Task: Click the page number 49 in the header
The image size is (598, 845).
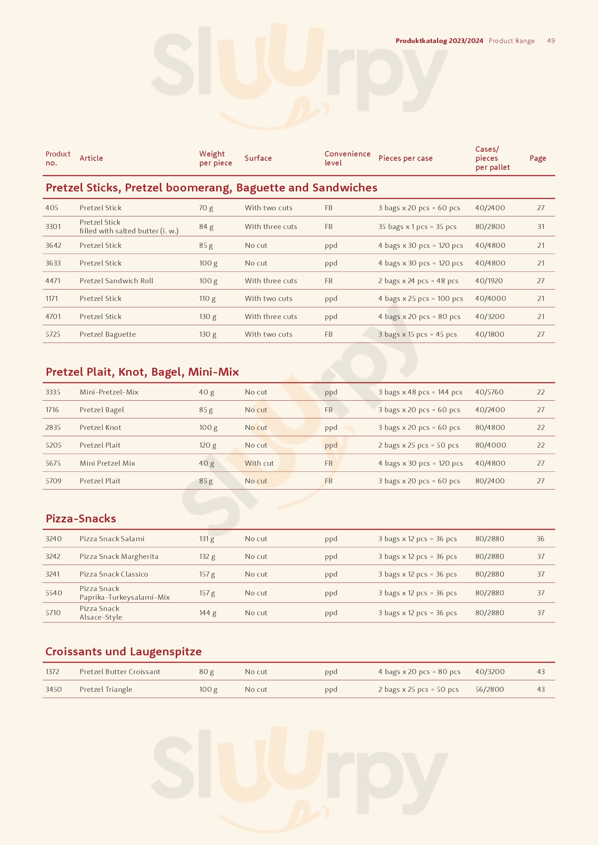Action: [x=551, y=41]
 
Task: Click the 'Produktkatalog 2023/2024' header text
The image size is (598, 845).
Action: [x=439, y=41]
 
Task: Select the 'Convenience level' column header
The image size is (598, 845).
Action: [x=347, y=158]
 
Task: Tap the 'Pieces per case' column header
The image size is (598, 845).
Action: [x=405, y=158]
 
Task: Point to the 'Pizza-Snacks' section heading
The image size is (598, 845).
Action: [x=81, y=518]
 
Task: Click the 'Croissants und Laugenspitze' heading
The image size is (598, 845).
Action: [x=123, y=651]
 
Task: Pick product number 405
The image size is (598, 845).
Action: [x=52, y=208]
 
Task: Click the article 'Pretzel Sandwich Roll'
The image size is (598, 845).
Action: [x=116, y=281]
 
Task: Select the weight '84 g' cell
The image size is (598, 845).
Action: [x=206, y=227]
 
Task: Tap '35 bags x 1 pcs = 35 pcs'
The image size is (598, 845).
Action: [x=417, y=227]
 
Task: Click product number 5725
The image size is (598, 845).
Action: [x=53, y=334]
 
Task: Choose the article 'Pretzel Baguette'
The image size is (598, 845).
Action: [x=107, y=334]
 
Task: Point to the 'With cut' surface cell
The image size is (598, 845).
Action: [x=259, y=463]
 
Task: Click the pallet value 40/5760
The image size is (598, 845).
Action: [x=489, y=392]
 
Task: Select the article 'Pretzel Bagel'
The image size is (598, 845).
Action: [x=102, y=410]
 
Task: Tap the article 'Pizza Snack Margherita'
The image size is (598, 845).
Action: [x=119, y=556]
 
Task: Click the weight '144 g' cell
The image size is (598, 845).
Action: [x=208, y=613]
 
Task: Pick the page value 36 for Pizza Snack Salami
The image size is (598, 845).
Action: [x=540, y=539]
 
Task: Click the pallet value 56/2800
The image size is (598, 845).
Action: [x=490, y=689]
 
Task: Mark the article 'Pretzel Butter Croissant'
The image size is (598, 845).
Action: [x=120, y=672]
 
